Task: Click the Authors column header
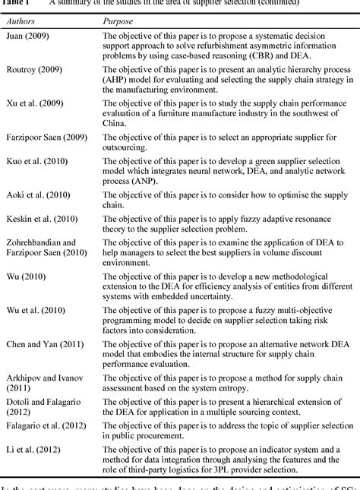pos(23,21)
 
